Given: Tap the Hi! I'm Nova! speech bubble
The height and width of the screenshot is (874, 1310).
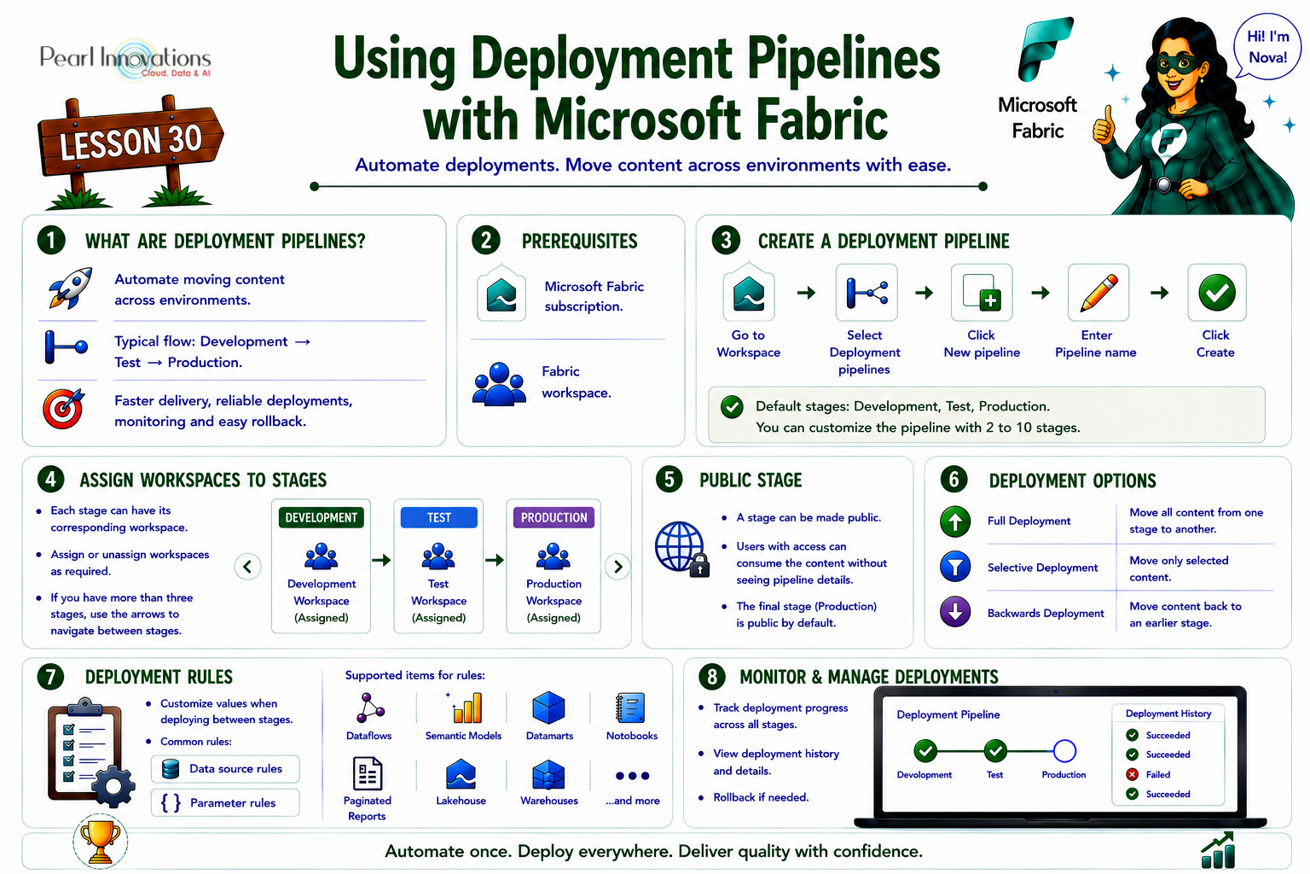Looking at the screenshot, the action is click(1267, 46).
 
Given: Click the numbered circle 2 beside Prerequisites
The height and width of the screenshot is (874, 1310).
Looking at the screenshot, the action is click(486, 241).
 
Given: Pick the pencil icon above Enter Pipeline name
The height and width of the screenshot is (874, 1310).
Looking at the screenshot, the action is click(1098, 292).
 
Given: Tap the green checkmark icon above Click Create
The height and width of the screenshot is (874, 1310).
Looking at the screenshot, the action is click(1216, 292).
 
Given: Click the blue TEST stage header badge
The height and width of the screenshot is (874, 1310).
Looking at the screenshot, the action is click(438, 517).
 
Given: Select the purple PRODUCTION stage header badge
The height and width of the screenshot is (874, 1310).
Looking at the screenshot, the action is click(554, 517).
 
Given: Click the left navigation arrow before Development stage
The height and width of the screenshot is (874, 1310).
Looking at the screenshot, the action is click(247, 566).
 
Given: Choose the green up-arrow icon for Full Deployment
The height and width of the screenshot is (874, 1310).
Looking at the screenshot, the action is click(955, 521).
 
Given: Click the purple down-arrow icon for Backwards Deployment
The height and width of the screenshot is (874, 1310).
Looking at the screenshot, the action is click(955, 612).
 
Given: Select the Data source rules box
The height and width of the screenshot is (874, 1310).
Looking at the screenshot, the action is click(225, 769).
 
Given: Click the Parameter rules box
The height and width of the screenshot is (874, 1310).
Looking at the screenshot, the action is click(225, 802).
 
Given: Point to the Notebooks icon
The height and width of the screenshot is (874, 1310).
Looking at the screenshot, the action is click(630, 708).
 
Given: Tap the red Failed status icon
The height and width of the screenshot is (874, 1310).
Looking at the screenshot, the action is click(1133, 774).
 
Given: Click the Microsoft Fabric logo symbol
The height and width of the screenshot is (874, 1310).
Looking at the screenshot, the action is click(1046, 49).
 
